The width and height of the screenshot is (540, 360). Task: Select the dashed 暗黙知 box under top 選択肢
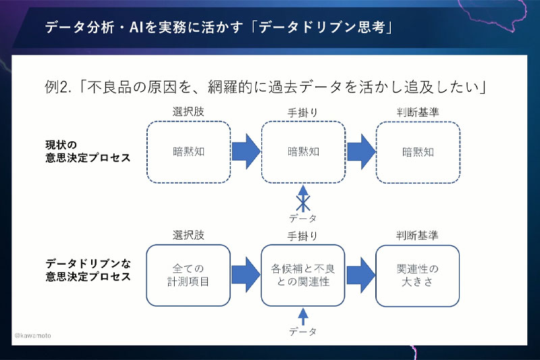188,152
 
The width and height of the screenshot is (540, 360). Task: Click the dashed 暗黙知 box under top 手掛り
303,152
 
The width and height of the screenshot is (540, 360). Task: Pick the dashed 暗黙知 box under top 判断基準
418,152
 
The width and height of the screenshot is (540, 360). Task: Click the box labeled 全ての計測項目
188,275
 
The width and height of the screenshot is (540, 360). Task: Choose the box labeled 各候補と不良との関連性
303,275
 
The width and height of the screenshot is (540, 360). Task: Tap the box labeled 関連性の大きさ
418,275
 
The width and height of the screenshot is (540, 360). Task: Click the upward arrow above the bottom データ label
303,315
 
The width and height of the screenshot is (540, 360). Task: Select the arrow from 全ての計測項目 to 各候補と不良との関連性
246,275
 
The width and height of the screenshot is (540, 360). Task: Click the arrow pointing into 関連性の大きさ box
360,275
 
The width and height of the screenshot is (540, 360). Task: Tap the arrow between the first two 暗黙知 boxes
246,152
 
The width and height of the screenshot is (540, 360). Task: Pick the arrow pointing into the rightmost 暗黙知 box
360,152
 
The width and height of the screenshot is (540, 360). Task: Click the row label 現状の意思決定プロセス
83,151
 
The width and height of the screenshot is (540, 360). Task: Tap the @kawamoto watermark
32,336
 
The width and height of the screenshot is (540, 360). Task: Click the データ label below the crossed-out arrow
303,218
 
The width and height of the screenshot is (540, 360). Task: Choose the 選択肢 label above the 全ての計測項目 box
188,235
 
